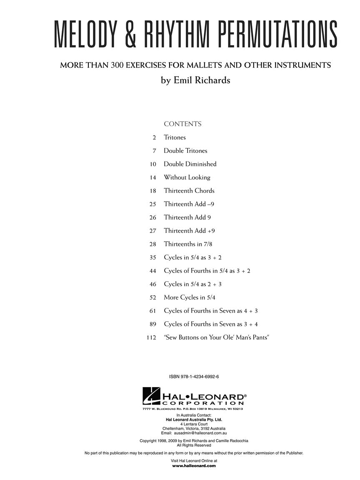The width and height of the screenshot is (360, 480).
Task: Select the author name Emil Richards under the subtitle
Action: coord(195,80)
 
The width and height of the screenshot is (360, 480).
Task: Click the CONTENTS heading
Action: coord(182,124)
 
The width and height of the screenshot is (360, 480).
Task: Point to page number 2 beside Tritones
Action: coord(154,137)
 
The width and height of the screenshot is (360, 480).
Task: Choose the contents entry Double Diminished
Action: coord(190,164)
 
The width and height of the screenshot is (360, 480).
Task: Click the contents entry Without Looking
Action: coord(187,177)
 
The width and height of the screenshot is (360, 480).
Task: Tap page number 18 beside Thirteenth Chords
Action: coord(152,191)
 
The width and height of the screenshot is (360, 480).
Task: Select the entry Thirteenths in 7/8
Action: coord(191,244)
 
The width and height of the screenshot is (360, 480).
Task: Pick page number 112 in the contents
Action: coord(151,337)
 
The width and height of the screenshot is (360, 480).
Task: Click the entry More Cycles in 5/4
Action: coord(190,297)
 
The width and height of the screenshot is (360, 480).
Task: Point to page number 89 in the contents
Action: coord(152,324)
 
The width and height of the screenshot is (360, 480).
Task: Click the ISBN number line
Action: coord(194,377)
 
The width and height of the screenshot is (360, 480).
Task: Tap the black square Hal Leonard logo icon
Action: coord(151,396)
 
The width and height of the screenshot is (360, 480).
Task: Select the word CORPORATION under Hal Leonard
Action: coord(203,403)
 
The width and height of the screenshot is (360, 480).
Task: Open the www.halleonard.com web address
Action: coord(194,466)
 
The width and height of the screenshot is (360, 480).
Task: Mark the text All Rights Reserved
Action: coord(194,445)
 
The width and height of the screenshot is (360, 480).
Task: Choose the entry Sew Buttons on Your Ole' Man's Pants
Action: coord(216,337)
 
